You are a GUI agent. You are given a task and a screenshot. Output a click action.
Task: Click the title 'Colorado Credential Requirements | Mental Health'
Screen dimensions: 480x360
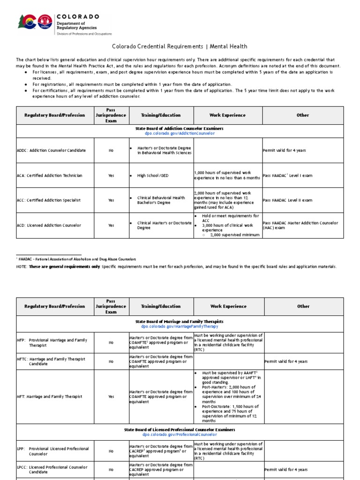(180, 46)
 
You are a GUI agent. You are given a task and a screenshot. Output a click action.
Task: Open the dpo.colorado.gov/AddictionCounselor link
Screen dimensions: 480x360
(180, 133)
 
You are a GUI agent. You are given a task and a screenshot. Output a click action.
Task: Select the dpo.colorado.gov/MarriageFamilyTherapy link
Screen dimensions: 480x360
(180, 326)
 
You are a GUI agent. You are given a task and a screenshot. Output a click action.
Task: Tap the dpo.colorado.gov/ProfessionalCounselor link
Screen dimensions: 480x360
(180, 435)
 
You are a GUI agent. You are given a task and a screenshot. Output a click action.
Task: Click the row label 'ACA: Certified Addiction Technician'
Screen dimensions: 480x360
(49, 175)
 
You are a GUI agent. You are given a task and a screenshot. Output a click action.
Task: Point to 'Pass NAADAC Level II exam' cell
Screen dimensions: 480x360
(287, 200)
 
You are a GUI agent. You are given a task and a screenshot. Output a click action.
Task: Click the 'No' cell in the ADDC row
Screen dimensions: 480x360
(111, 150)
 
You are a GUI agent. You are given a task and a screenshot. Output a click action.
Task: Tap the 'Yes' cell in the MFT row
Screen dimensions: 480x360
(111, 397)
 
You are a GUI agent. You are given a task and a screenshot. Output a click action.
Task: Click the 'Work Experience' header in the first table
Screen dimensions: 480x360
(227, 115)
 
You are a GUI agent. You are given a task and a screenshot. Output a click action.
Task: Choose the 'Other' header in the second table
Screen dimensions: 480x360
(303, 306)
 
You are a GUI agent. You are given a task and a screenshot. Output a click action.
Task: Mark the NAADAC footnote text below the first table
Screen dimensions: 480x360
(76, 259)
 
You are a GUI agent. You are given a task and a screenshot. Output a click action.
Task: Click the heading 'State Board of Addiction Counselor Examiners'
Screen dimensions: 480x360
(180, 128)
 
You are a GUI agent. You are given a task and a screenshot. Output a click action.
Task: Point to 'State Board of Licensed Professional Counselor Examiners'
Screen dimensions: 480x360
(180, 429)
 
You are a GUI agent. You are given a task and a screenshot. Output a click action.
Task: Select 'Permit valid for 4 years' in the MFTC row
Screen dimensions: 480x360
(286, 361)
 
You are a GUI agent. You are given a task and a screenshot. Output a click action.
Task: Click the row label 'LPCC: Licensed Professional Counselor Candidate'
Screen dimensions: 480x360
(52, 469)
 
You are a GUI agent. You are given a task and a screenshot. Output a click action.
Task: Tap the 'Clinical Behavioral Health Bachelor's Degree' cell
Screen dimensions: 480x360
(160, 200)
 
